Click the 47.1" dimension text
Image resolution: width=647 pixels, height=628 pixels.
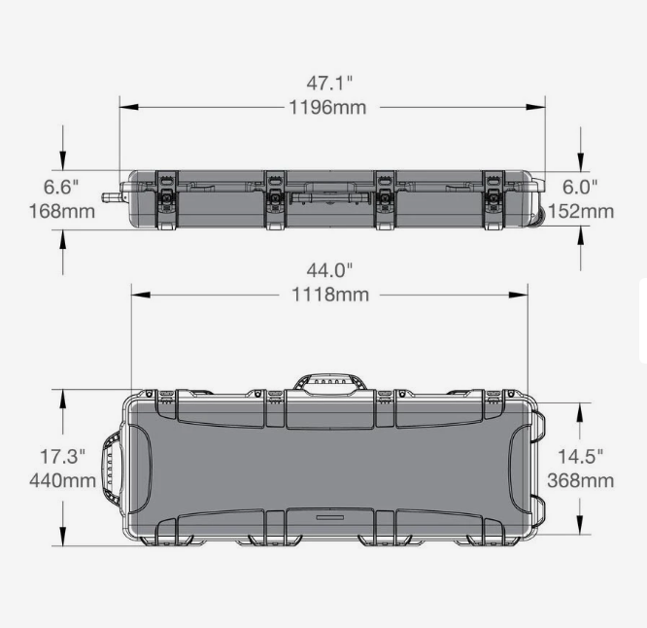328,83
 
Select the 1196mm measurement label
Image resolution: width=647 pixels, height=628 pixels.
328,107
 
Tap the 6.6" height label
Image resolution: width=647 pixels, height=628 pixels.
62,185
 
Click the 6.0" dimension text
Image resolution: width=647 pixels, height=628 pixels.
580,185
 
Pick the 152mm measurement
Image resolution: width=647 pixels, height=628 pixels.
581,210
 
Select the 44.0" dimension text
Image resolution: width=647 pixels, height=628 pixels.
329,269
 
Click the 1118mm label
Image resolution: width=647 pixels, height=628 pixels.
330,295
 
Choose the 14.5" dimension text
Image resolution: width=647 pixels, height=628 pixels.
582,455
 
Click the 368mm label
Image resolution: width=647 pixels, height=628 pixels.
581,480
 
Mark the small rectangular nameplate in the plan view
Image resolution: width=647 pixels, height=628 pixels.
331,518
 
